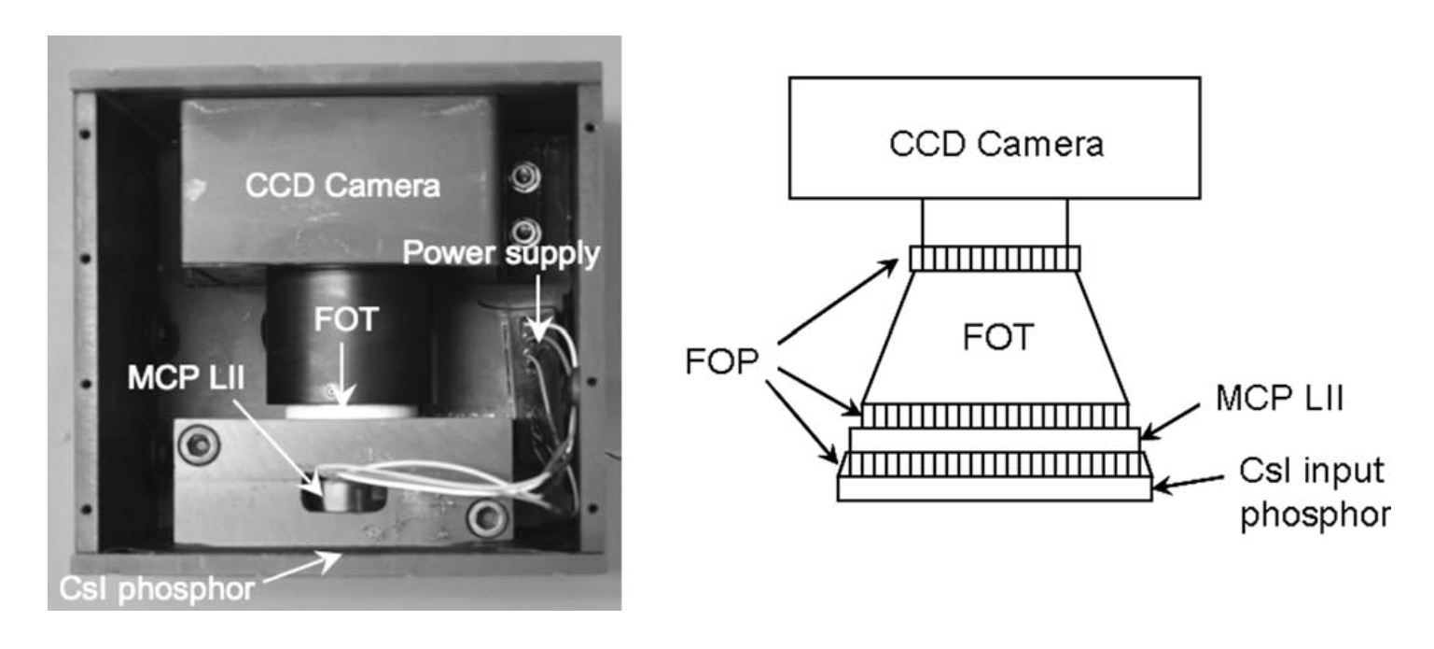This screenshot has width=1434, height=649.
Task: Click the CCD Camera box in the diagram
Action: point(994,138)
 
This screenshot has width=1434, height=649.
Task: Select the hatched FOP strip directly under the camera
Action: point(994,258)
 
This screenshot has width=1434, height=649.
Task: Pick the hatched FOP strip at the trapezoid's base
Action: point(994,415)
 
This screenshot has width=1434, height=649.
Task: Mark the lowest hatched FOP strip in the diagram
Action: point(994,464)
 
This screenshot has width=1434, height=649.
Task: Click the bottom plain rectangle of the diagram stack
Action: point(994,488)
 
